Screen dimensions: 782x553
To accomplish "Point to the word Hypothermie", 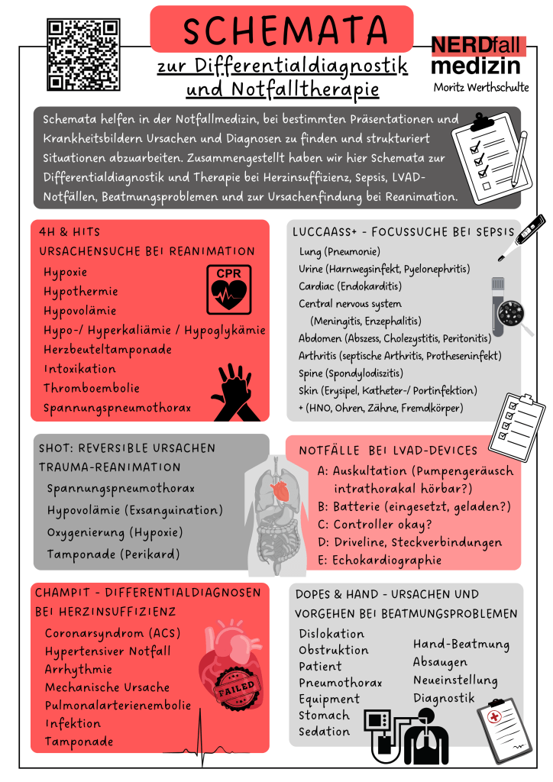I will [80, 292].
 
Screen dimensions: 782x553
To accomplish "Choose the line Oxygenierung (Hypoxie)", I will [115, 532].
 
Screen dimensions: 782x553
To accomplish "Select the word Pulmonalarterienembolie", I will [118, 705].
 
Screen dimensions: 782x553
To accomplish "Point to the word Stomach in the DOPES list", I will [324, 716].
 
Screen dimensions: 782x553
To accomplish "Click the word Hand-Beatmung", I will [461, 645].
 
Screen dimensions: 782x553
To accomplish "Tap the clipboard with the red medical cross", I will [503, 729].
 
